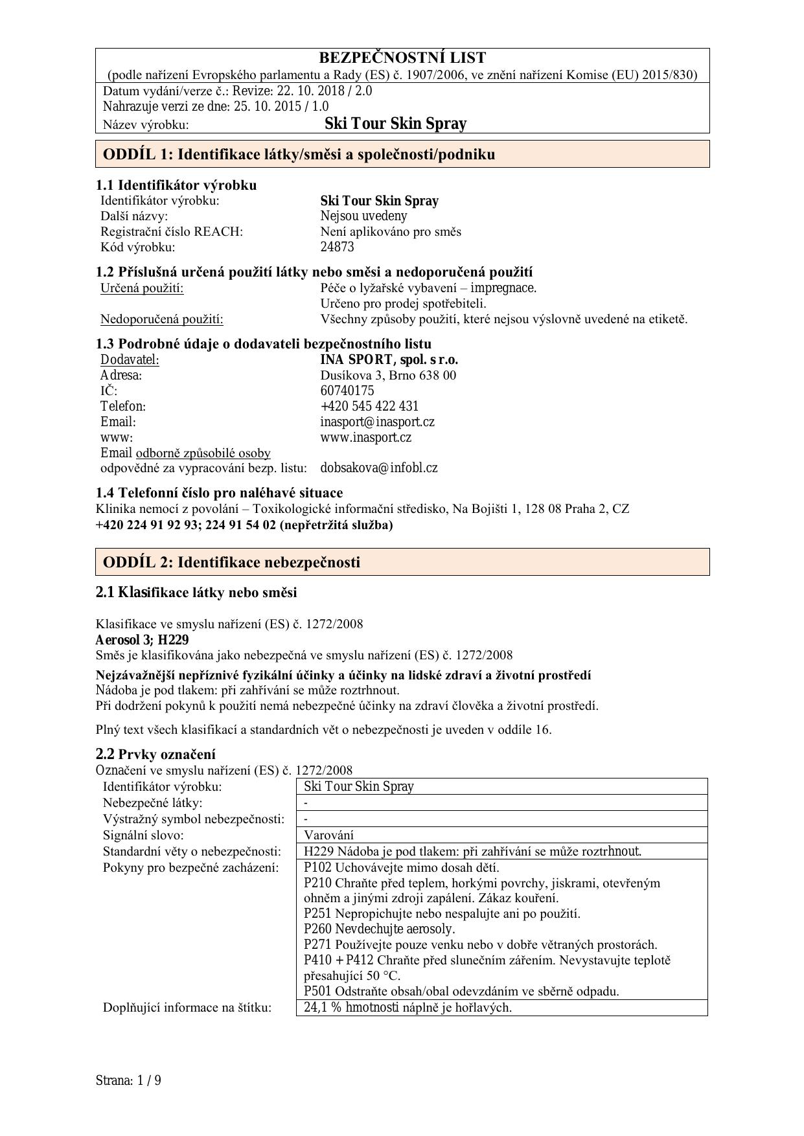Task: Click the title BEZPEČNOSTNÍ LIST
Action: [402, 58]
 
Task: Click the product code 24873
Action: [337, 247]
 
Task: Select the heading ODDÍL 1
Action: [299, 154]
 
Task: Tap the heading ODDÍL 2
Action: [231, 562]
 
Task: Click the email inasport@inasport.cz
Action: [377, 422]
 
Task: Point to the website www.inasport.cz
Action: [365, 437]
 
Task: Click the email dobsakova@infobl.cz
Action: [378, 468]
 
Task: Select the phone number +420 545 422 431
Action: [369, 406]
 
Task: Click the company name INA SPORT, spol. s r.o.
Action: [389, 359]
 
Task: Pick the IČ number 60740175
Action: [347, 391]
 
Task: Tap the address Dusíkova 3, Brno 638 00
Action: [388, 375]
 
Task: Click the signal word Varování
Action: [328, 835]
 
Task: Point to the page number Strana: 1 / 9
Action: [128, 1080]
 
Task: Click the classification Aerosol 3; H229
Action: [142, 640]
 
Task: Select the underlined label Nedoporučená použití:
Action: [161, 319]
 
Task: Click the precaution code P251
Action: [317, 913]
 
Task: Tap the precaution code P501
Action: [317, 991]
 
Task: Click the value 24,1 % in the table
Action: [323, 1007]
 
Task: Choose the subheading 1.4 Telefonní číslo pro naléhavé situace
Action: [219, 492]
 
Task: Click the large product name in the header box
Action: [395, 124]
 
